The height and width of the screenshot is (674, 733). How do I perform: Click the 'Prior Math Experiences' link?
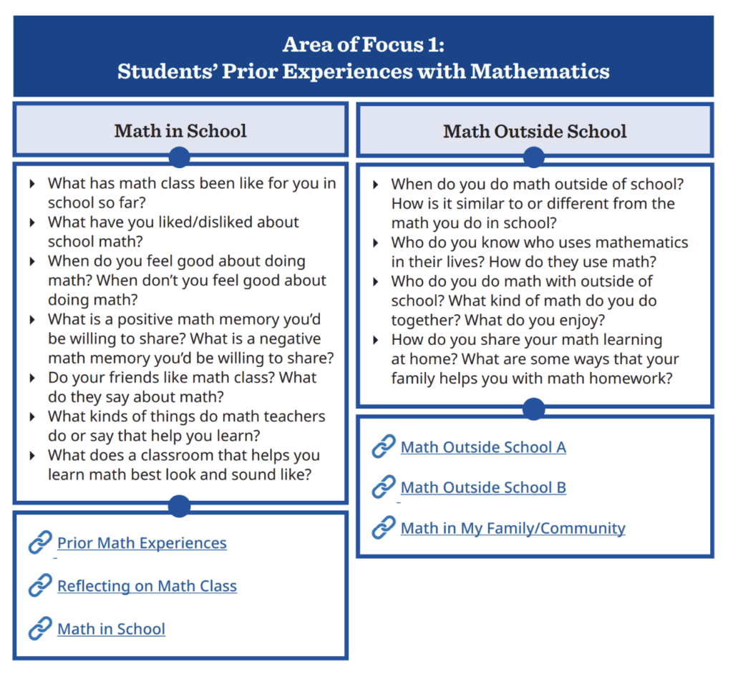142,543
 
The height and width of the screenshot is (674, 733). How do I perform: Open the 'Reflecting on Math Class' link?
147,586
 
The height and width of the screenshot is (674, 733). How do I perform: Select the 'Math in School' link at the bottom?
111,629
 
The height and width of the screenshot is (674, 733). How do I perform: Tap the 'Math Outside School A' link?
483,447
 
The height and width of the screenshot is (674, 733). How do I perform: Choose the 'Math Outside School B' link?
483,487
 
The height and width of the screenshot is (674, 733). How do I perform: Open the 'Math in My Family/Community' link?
513,528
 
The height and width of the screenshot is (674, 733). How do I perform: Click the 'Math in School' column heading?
180,131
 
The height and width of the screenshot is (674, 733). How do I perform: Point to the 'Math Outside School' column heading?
535,131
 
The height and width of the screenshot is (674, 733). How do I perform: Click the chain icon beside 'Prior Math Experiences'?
40,543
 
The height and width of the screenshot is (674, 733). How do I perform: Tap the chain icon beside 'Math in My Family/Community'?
384,528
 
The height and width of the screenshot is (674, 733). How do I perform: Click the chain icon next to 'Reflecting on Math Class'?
40,586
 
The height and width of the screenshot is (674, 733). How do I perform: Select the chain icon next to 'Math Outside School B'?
384,487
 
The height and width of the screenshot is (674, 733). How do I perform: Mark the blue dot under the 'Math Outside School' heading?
533,157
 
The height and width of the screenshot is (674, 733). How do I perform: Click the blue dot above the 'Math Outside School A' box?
533,409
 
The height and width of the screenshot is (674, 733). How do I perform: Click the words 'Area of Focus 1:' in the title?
364,44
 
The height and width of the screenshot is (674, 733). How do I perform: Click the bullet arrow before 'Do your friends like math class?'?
33,378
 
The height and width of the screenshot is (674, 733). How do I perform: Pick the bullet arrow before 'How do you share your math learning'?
377,340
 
